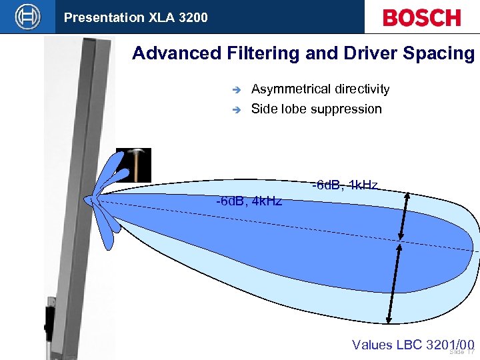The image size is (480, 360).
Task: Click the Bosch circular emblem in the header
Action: click(28, 17)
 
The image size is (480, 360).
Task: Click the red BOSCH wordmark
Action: click(421, 17)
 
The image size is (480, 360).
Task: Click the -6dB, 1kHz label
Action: click(345, 185)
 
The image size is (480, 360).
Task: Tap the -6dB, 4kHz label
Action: click(249, 201)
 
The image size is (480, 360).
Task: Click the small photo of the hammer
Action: click(134, 164)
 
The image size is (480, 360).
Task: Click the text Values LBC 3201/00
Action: click(413, 344)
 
